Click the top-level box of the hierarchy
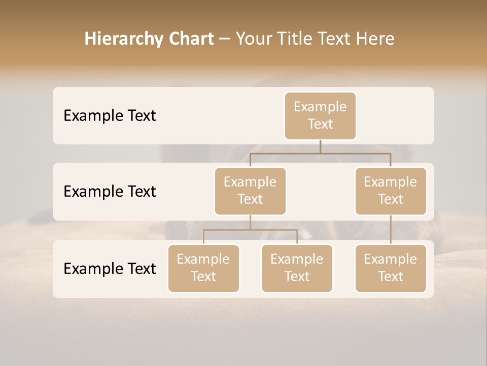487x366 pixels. tap(320, 116)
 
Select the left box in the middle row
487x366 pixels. tap(250, 191)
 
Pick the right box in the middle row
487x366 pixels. tap(391, 191)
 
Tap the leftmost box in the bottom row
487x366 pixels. tap(203, 268)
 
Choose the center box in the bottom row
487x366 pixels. tap(297, 268)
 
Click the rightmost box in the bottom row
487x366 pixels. tap(391, 268)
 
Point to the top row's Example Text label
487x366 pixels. tap(110, 116)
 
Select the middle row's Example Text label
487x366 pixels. tap(110, 192)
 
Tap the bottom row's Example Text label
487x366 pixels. tap(110, 268)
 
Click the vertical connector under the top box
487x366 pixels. tap(320, 146)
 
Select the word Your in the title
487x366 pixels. tap(254, 39)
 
